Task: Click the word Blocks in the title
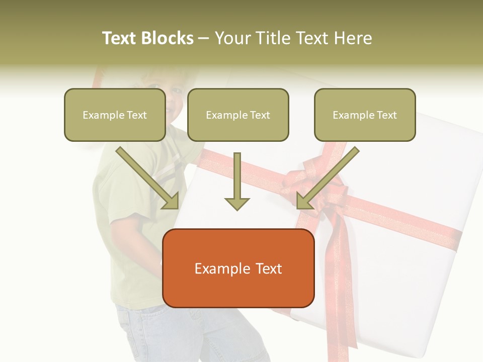click(x=167, y=38)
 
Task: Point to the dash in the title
click(x=204, y=39)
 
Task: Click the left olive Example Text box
click(x=115, y=115)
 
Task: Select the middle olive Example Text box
click(x=238, y=115)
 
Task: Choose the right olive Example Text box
click(x=365, y=115)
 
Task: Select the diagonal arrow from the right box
click(x=327, y=178)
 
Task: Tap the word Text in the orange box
click(x=269, y=268)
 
